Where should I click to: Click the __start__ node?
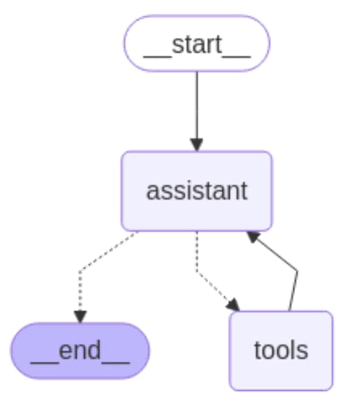click(197, 43)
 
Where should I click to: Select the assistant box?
click(197, 191)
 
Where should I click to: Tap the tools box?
click(281, 351)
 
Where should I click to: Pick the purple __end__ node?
click(80, 351)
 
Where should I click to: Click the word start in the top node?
click(197, 44)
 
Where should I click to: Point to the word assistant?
click(197, 191)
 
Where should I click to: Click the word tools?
click(281, 350)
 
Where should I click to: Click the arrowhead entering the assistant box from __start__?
click(197, 145)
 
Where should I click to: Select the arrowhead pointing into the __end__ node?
click(80, 317)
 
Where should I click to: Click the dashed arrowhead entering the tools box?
click(233, 305)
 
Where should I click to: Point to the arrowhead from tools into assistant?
click(253, 237)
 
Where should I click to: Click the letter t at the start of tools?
click(257, 350)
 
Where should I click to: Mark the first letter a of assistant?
click(152, 193)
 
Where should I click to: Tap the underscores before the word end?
click(45, 363)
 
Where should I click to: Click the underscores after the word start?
click(236, 57)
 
